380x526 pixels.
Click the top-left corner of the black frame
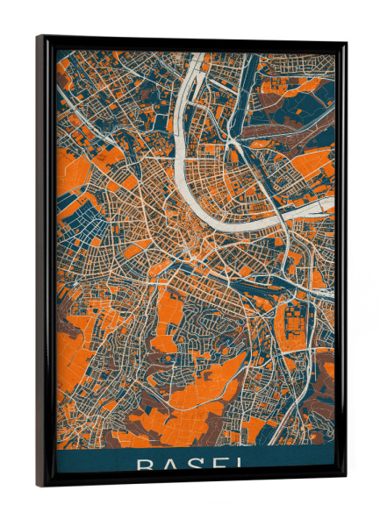click(38, 37)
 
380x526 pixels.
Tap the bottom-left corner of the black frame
click(38, 486)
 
